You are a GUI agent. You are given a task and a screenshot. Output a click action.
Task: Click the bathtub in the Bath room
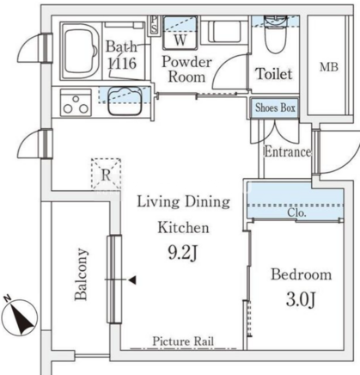(81, 51)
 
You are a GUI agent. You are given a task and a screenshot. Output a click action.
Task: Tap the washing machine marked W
(180, 33)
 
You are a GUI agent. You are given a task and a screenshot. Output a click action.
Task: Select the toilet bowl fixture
(276, 34)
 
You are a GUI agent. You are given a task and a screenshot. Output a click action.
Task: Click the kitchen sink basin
(125, 101)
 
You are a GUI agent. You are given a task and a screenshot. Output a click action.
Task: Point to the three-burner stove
(76, 102)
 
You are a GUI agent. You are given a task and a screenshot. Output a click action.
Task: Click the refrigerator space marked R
(106, 174)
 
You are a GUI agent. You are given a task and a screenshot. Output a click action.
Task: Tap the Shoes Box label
(275, 108)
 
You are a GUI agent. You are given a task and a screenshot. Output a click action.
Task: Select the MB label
(329, 67)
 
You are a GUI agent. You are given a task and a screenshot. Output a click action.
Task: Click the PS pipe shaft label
(154, 25)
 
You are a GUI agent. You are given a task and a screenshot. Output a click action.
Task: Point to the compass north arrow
(21, 316)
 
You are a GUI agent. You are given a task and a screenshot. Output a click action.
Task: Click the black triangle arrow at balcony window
(132, 280)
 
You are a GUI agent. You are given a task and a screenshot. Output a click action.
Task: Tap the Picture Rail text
(183, 341)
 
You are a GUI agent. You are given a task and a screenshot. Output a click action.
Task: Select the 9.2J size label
(183, 253)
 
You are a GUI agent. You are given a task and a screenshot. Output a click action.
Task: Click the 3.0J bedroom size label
(301, 299)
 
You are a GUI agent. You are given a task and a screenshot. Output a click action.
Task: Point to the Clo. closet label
(296, 212)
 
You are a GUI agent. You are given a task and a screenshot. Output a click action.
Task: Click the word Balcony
(81, 274)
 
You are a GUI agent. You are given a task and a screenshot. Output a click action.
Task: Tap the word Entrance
(288, 151)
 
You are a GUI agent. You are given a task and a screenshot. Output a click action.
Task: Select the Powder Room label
(186, 70)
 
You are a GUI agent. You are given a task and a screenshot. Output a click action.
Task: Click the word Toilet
(274, 74)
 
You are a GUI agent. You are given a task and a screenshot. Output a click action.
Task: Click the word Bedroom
(302, 274)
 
